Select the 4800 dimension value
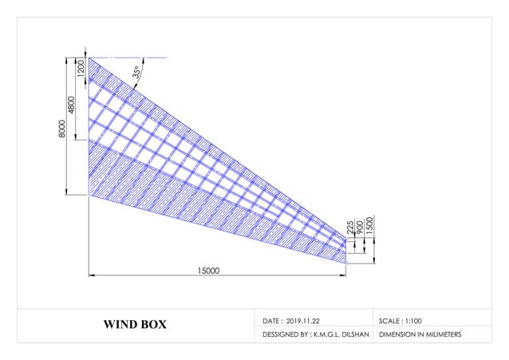pyautogui.click(x=72, y=105)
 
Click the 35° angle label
pyautogui.click(x=136, y=72)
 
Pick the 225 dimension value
pyautogui.click(x=350, y=228)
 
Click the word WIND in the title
pyautogui.click(x=120, y=325)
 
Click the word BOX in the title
pyautogui.click(x=154, y=325)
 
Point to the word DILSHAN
pyautogui.click(x=351, y=334)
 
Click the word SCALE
pyautogui.click(x=390, y=319)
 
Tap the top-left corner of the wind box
pyautogui.click(x=89, y=57)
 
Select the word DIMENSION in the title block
pyautogui.click(x=397, y=334)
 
